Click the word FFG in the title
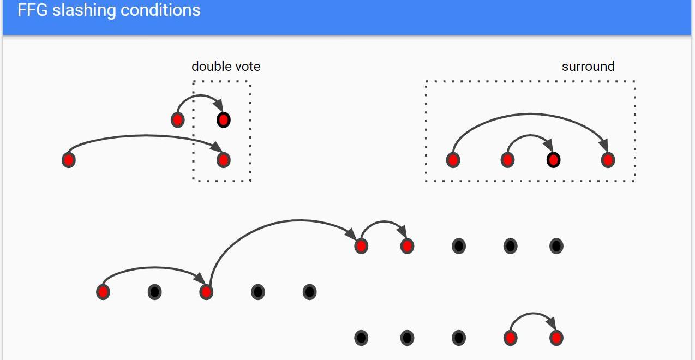click(x=32, y=10)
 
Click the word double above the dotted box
click(x=212, y=67)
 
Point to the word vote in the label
click(x=248, y=67)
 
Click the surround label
click(x=588, y=67)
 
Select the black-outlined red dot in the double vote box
click(x=223, y=119)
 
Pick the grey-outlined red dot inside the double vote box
click(x=223, y=160)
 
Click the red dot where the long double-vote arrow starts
click(x=68, y=160)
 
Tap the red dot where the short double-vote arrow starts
click(x=177, y=119)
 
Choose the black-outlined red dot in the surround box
click(x=553, y=160)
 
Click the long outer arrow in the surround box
click(x=529, y=114)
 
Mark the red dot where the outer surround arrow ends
click(x=608, y=160)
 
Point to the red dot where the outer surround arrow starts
click(x=453, y=160)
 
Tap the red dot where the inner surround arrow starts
click(x=507, y=160)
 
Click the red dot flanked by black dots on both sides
click(x=206, y=292)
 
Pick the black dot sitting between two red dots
click(x=154, y=292)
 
